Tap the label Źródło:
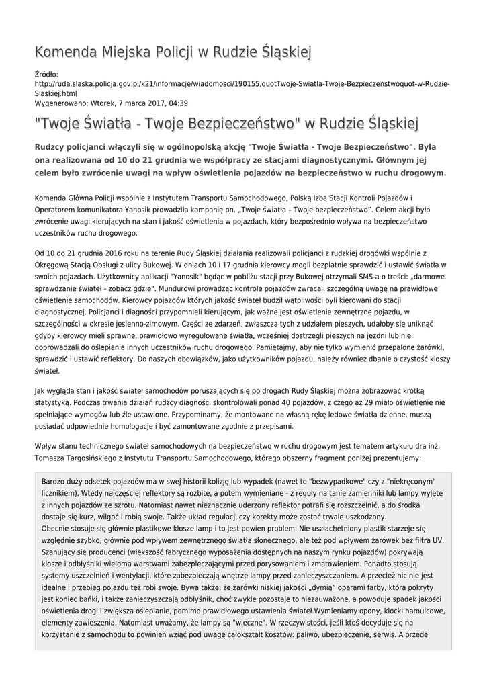coord(46,75)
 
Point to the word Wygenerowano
coord(59,103)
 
